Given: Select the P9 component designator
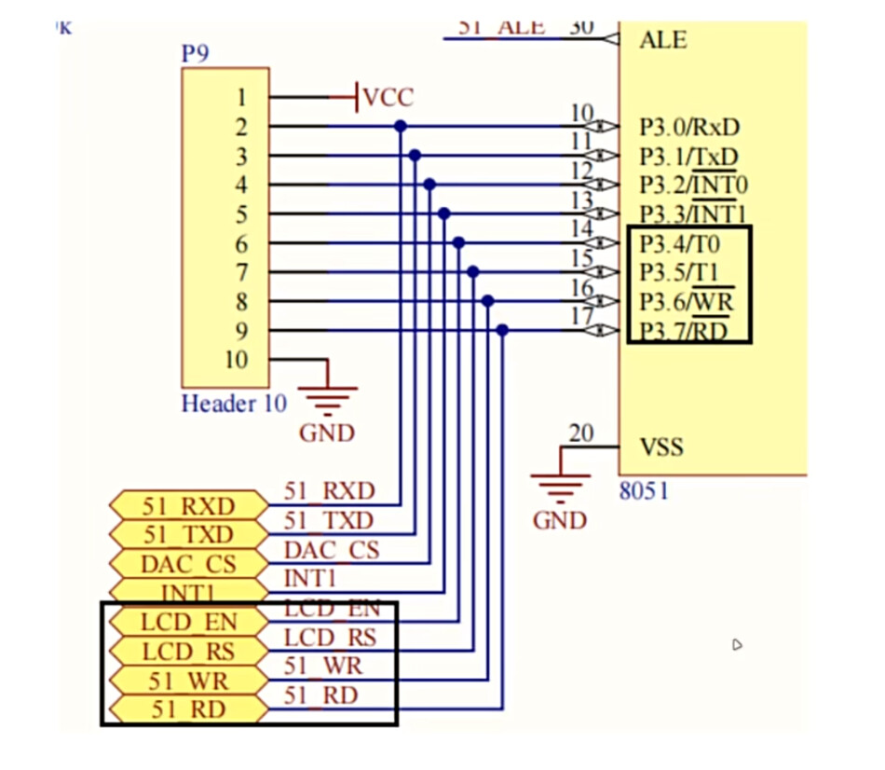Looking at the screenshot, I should click(x=195, y=53).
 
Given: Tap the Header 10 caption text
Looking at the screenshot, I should click(x=233, y=404).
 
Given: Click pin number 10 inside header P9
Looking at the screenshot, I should click(x=237, y=360).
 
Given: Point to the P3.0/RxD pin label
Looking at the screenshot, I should click(x=689, y=127).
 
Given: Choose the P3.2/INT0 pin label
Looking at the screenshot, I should click(x=693, y=186).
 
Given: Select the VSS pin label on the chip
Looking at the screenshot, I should click(x=661, y=447).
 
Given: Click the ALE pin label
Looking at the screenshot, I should click(x=663, y=40).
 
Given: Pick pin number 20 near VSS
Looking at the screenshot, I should click(x=580, y=433).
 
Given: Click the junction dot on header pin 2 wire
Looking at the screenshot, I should click(x=401, y=126).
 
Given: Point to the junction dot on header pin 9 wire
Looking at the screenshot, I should click(x=503, y=330).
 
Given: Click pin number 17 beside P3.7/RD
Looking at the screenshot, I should click(x=581, y=317).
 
